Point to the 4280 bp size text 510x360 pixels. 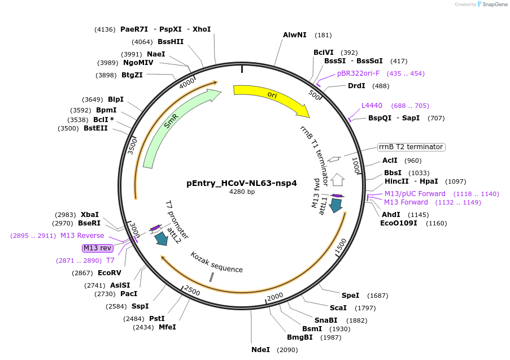[x=242, y=192]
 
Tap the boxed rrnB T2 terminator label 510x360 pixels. [x=412, y=147]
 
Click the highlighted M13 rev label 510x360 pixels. [x=98, y=248]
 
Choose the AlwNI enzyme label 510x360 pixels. [x=295, y=35]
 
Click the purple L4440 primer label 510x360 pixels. [x=372, y=106]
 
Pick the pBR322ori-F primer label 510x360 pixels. [x=358, y=73]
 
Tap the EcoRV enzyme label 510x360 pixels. [x=110, y=273]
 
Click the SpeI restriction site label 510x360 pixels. [x=350, y=296]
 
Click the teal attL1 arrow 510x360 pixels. [x=337, y=206]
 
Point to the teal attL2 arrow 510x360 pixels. [x=161, y=238]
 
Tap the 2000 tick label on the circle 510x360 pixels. [x=275, y=297]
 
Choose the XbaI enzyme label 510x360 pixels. [x=89, y=215]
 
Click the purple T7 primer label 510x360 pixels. [x=110, y=261]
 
